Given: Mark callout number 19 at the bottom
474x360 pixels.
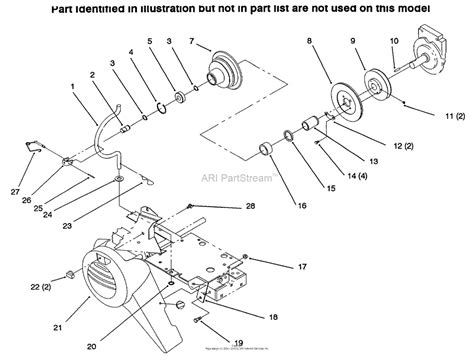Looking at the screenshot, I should point(212,342).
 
